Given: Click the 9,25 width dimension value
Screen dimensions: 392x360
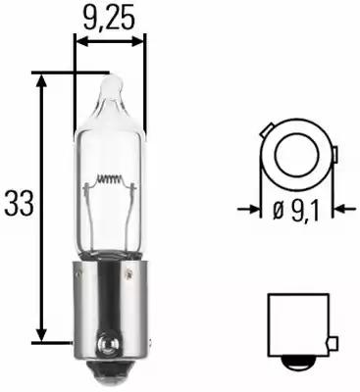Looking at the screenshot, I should click(110, 17).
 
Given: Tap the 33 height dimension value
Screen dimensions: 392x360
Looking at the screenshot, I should click(19, 204).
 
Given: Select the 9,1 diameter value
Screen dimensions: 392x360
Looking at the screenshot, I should click(305, 208).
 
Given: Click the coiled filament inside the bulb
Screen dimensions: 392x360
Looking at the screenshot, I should click(109, 182).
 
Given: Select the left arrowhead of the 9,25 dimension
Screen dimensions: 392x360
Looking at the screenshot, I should click(81, 42).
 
